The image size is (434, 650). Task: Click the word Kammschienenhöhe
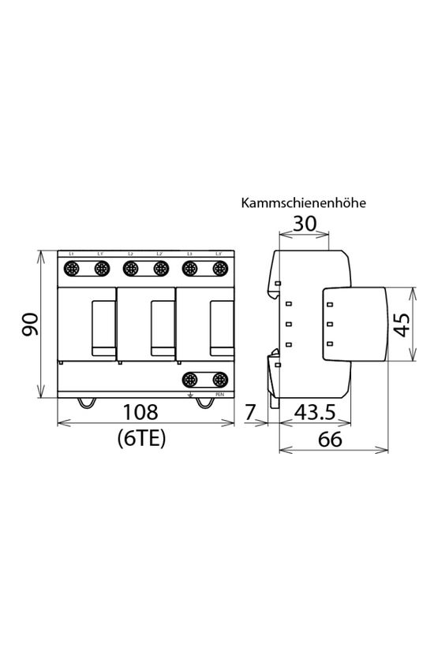coord(303,203)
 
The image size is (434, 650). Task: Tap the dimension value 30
coord(304,225)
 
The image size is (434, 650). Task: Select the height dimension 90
coord(30,324)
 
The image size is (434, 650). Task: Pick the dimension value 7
coord(251,411)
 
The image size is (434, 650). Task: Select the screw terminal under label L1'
coord(101,269)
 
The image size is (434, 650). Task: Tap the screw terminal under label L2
coord(130,269)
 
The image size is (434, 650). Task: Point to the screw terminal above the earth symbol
coord(189,379)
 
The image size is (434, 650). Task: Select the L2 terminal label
coord(130,254)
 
